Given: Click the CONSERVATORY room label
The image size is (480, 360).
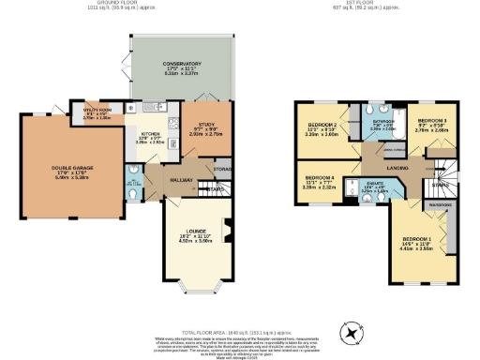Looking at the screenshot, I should [x=181, y=65].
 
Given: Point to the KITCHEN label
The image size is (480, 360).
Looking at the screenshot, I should [x=151, y=134].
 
